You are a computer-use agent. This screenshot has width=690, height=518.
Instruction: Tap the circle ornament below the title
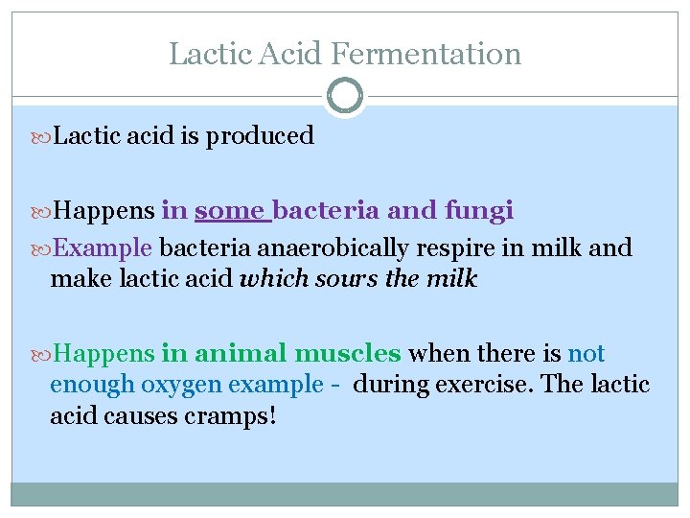[x=345, y=96]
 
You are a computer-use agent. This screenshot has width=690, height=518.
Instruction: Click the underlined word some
[x=229, y=210]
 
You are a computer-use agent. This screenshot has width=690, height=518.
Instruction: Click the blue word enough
[x=92, y=385]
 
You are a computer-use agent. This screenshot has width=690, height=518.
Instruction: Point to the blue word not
[x=586, y=354]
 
